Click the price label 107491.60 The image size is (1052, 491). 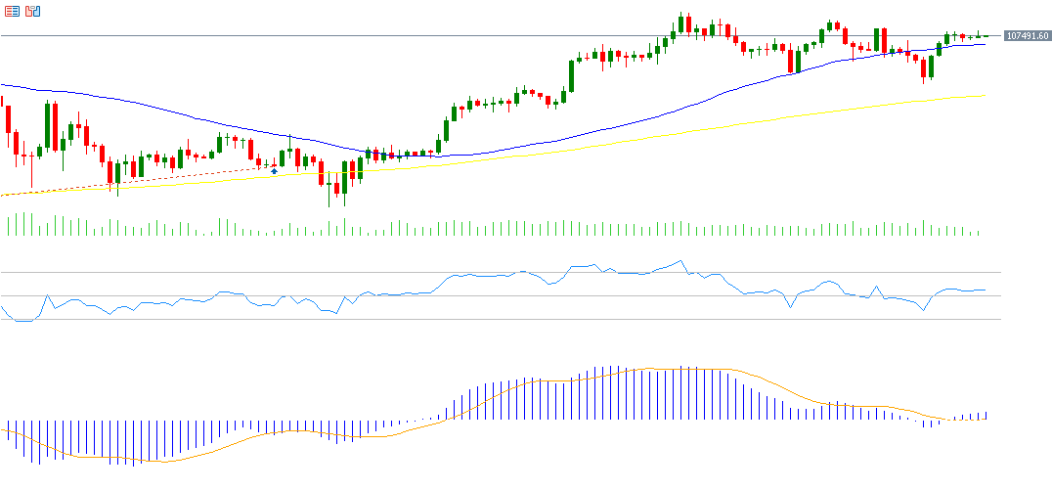click(x=1027, y=36)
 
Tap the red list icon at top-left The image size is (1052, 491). click(x=12, y=11)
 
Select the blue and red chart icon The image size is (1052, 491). click(x=32, y=11)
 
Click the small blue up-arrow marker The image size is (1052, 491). click(x=275, y=171)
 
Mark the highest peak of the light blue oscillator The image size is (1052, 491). click(x=680, y=261)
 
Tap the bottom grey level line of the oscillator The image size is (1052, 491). click(x=489, y=319)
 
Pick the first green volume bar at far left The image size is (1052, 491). click(x=9, y=226)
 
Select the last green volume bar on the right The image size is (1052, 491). click(x=978, y=233)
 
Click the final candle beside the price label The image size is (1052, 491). click(x=986, y=36)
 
